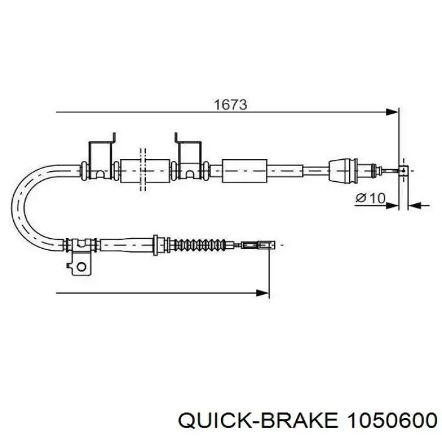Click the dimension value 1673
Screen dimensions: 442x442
[x=230, y=105]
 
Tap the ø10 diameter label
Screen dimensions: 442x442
[x=370, y=198]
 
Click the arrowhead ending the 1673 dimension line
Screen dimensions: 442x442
[x=393, y=112]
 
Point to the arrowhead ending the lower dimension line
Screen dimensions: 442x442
[x=263, y=293]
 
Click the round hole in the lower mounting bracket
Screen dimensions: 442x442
[x=81, y=266]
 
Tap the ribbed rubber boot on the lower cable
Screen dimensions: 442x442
[x=200, y=245]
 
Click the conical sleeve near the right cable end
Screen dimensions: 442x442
[x=343, y=171]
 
